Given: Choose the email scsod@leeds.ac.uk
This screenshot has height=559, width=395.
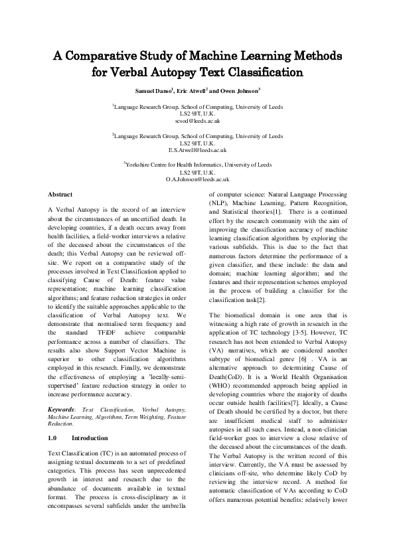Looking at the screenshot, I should (x=197, y=121).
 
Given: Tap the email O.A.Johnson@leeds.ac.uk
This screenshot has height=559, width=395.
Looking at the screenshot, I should (x=197, y=179).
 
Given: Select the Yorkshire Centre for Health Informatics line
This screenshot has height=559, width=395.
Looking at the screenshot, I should (x=197, y=164).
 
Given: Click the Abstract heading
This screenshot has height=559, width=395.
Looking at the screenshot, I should (x=60, y=194).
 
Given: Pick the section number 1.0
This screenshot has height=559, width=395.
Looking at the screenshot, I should (x=54, y=420).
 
